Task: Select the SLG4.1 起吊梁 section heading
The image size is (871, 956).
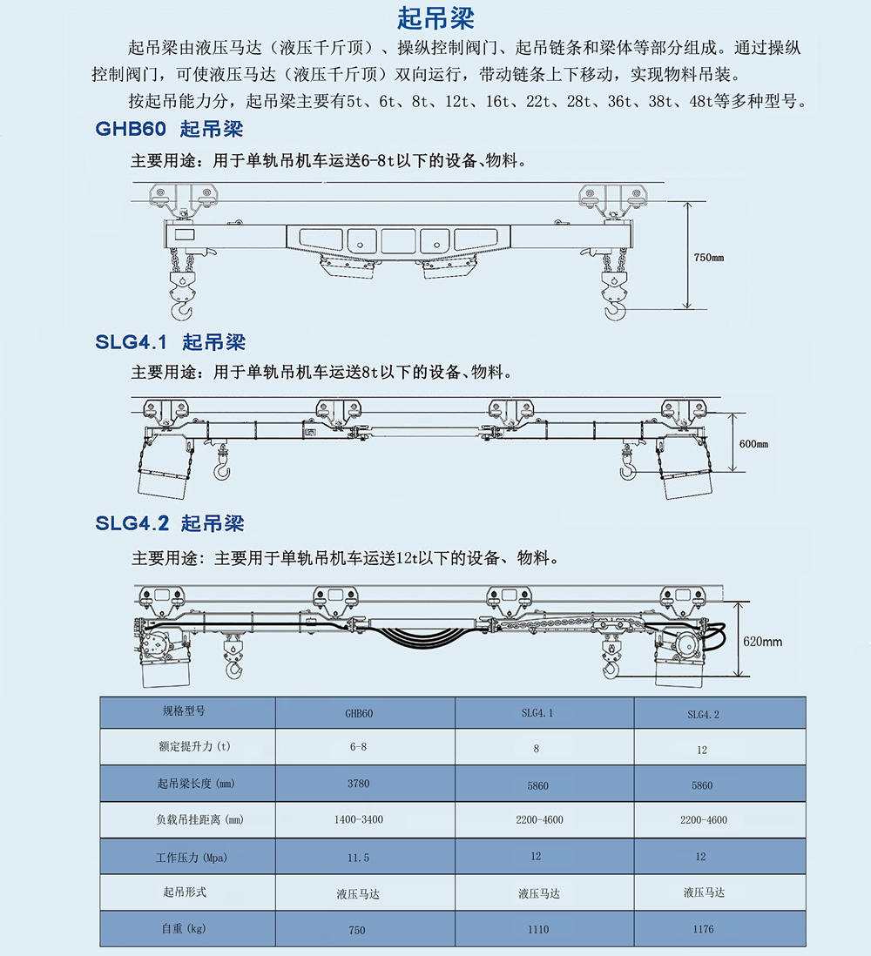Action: click(x=170, y=341)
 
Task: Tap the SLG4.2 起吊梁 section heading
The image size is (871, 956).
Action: click(x=170, y=523)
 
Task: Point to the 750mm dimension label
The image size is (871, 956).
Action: click(x=708, y=258)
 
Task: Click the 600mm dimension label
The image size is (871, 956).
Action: click(x=753, y=444)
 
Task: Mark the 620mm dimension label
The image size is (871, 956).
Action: click(x=762, y=642)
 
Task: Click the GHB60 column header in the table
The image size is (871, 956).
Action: click(x=358, y=713)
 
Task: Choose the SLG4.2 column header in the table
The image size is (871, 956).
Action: click(x=702, y=715)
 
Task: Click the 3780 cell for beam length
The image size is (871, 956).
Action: click(x=358, y=784)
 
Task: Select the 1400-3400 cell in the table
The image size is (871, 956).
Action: click(x=358, y=819)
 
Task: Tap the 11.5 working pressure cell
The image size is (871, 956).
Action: click(x=358, y=858)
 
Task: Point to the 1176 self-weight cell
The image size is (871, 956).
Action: click(x=702, y=929)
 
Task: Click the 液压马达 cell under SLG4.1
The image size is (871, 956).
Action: click(x=538, y=893)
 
